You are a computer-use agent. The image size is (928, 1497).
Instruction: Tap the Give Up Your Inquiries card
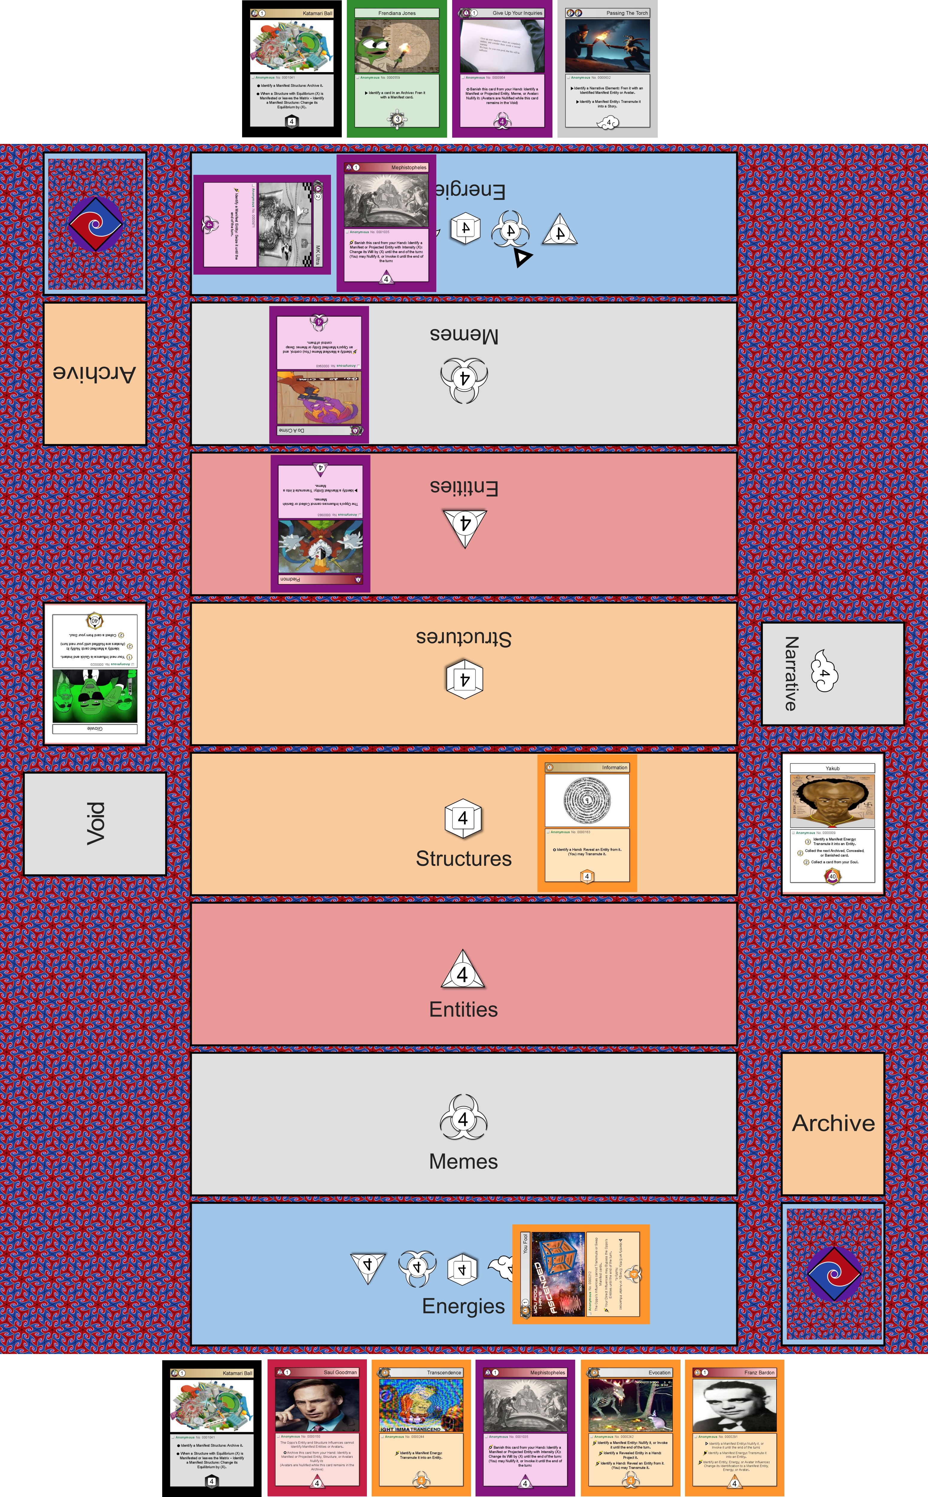[502, 69]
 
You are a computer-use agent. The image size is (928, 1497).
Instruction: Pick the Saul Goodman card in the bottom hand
[317, 1427]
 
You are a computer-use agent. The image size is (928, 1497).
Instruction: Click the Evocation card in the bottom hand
[630, 1427]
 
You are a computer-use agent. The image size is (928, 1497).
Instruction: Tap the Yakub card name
[832, 768]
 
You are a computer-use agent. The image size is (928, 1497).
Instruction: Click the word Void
[95, 823]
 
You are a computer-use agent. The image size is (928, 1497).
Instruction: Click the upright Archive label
[833, 1123]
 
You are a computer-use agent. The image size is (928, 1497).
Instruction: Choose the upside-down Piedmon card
[320, 523]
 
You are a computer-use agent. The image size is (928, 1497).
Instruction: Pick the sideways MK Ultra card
[262, 224]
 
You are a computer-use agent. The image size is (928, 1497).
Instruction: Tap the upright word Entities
[463, 1009]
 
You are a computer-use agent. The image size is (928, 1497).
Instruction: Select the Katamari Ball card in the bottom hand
[212, 1427]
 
